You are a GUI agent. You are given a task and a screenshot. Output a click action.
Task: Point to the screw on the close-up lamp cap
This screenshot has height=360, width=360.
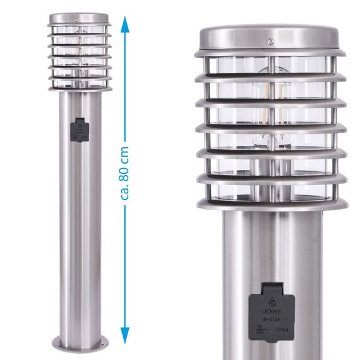(270, 43)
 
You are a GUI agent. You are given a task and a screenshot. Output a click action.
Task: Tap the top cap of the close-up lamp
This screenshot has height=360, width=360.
(271, 39)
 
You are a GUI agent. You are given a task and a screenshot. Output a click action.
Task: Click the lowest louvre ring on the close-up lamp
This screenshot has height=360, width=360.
(271, 204)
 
